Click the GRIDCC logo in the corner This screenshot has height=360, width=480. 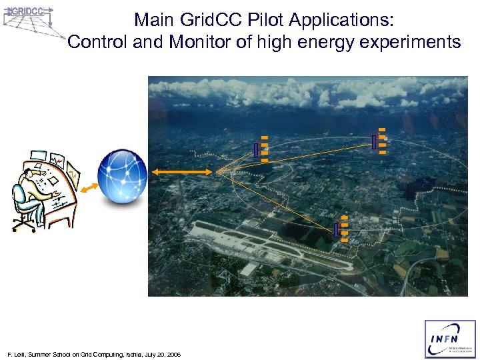[28, 20]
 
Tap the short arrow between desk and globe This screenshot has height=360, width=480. [88, 190]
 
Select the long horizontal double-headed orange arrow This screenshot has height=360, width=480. [182, 172]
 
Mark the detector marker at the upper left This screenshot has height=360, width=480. [261, 150]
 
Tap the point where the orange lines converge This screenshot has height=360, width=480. [215, 172]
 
